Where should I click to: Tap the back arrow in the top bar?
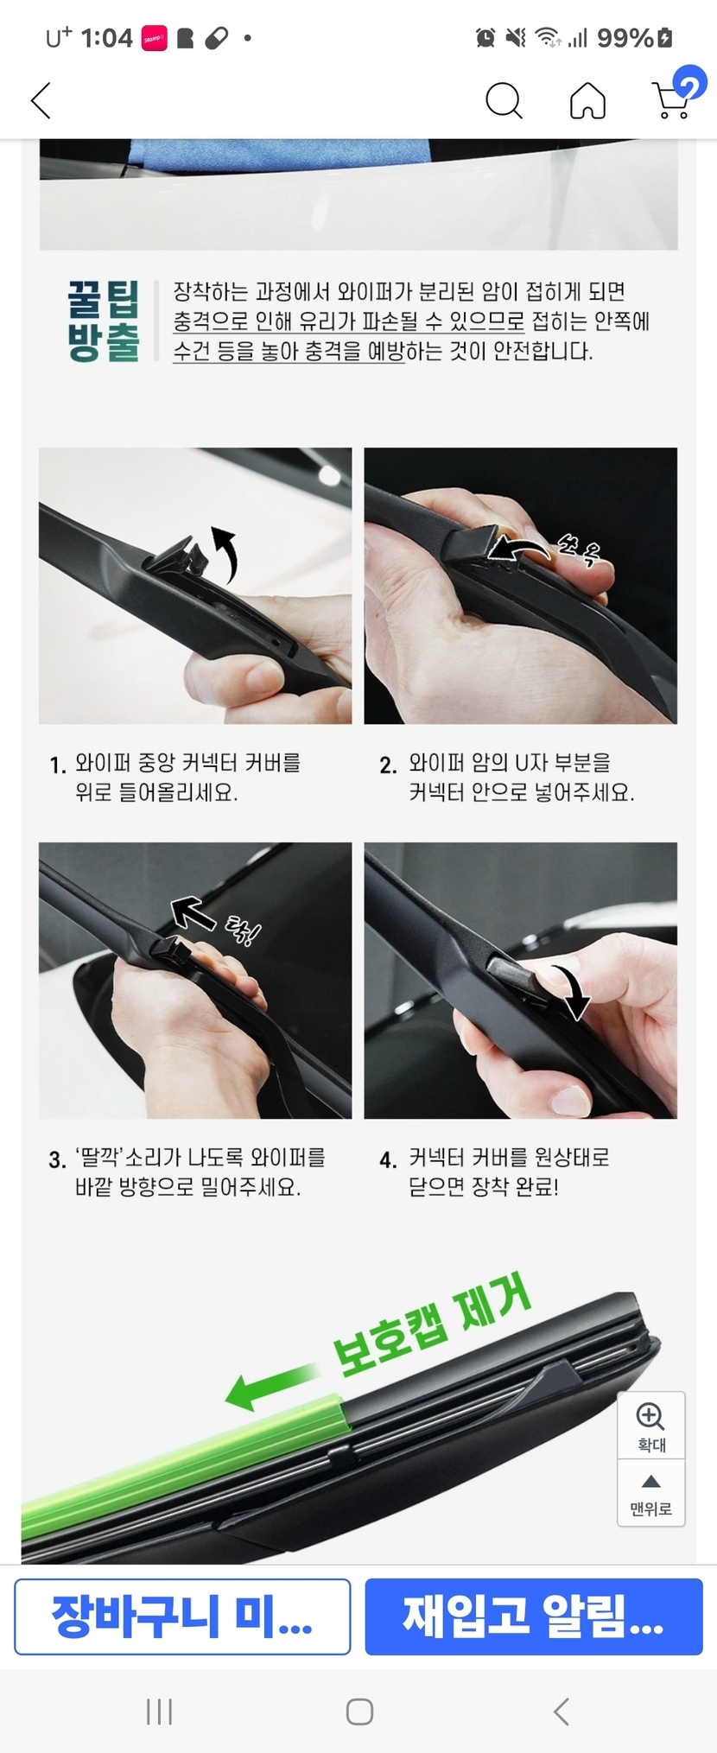(x=41, y=101)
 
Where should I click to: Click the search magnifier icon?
(x=504, y=100)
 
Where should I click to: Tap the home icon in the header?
(x=587, y=100)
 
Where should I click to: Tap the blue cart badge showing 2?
(x=689, y=84)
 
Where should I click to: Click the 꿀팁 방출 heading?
(x=103, y=321)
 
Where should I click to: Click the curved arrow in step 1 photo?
(x=228, y=552)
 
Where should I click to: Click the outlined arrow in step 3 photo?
(x=193, y=913)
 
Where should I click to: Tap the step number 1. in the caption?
(x=58, y=765)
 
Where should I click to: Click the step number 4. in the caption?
(x=388, y=1160)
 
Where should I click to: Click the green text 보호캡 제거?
(x=431, y=1326)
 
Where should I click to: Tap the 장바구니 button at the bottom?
(x=182, y=1616)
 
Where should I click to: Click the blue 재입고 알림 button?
(x=534, y=1616)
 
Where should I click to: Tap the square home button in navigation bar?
(x=359, y=1712)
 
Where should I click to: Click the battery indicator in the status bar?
(x=664, y=38)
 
